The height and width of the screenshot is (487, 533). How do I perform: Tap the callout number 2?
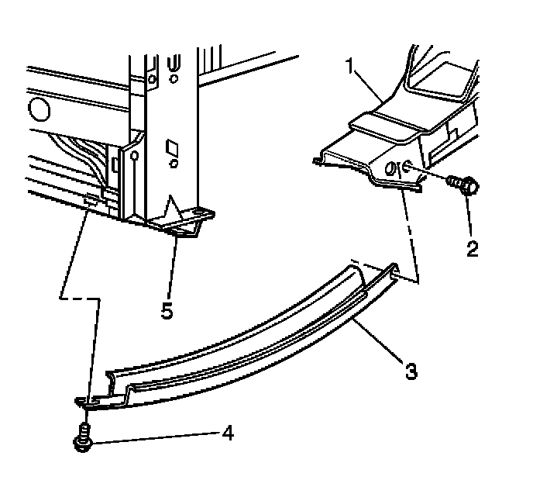tap(472, 249)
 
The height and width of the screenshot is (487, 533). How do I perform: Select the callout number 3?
tap(411, 371)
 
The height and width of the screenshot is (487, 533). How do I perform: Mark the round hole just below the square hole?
tap(174, 164)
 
